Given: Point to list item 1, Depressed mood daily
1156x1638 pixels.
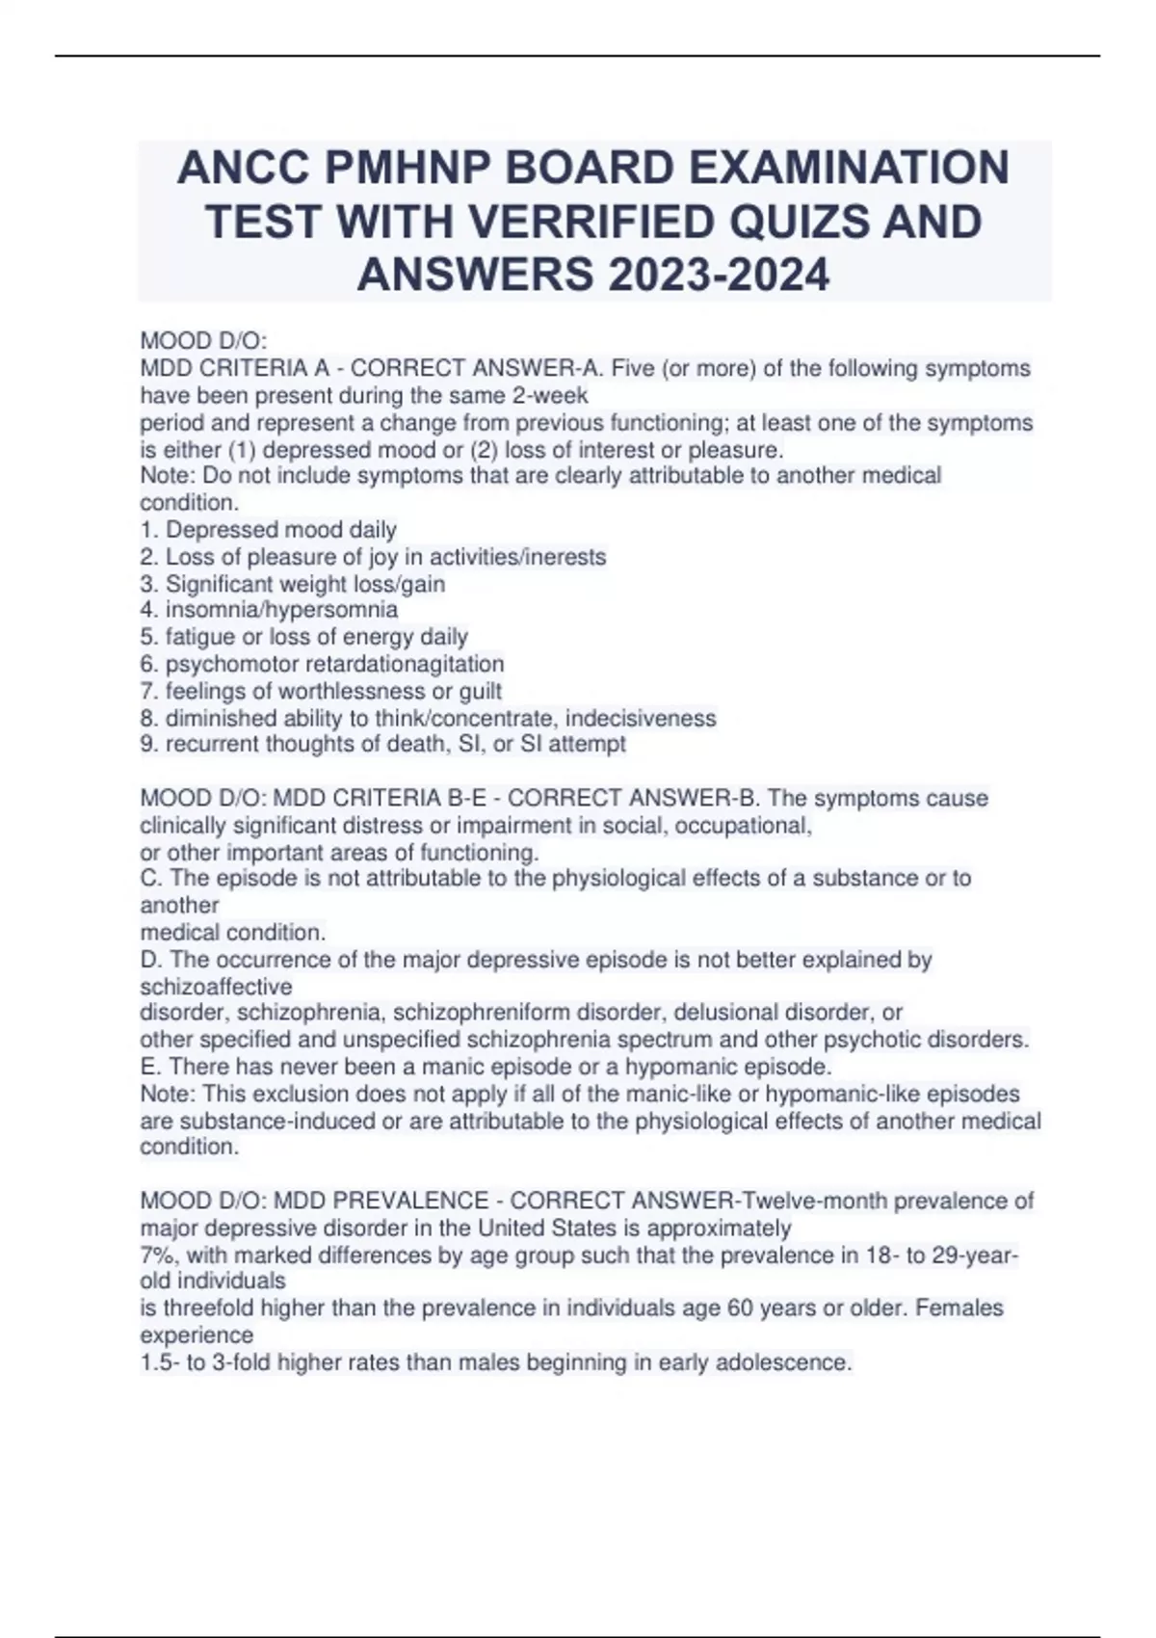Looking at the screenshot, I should (x=269, y=530).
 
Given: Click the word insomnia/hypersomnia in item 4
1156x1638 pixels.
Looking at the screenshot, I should (x=281, y=610).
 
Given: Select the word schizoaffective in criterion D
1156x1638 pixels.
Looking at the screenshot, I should (x=216, y=987).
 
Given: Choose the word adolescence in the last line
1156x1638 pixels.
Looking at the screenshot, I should (x=786, y=1362).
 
